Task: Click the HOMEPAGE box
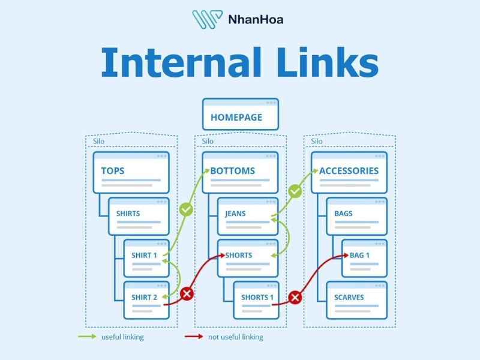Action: (240, 115)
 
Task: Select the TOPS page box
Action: (131, 172)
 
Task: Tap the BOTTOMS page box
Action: (240, 172)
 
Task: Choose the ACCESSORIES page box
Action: (349, 172)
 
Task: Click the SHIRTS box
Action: (139, 216)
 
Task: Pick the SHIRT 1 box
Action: (146, 258)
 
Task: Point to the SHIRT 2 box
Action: (146, 299)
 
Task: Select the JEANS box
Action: (248, 216)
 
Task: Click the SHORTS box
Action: (248, 258)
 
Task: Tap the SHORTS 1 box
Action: (256, 299)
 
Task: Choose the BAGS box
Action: (356, 216)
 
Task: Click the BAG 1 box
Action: (364, 258)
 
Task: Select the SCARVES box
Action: (356, 299)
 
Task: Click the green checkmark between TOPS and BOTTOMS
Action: (186, 210)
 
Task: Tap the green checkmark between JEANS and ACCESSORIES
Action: (295, 191)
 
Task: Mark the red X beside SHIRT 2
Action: (187, 294)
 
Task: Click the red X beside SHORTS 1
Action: (295, 296)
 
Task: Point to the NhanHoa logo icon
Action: (207, 19)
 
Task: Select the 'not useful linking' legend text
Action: (235, 337)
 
